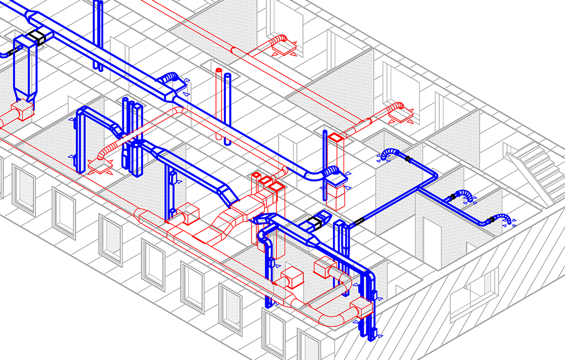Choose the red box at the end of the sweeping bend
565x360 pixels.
[x=361, y=307]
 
